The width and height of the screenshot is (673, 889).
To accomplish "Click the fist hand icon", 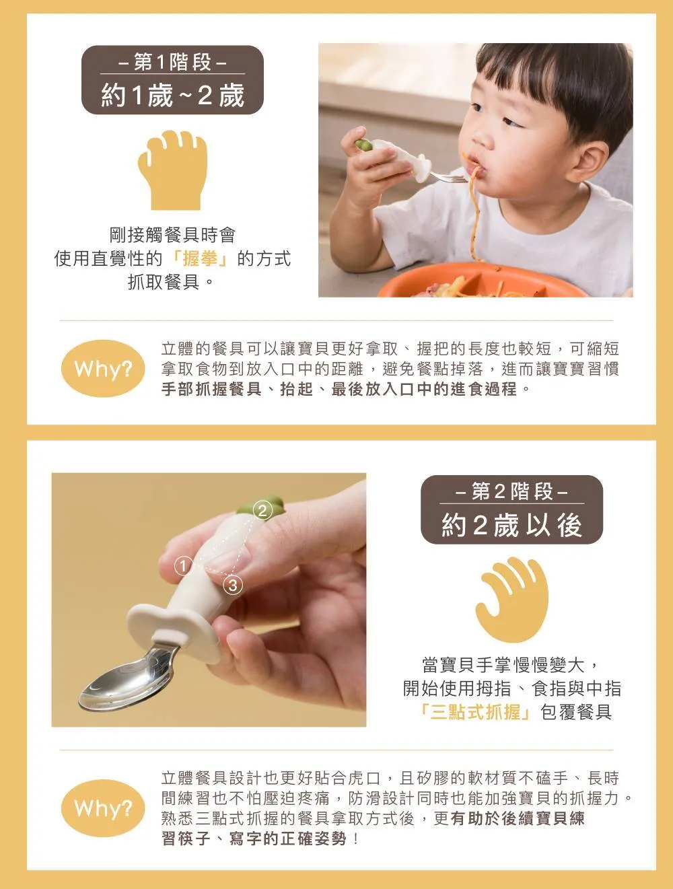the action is point(173,170).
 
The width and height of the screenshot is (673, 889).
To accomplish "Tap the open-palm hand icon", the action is point(512,599).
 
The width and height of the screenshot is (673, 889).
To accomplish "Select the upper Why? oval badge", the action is point(103,369).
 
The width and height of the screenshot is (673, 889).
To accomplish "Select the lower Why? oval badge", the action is point(103,808).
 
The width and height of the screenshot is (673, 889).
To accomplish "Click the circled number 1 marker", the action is point(184,565).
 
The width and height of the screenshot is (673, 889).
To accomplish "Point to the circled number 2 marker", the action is point(262,510).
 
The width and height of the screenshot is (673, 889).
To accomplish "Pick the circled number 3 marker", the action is point(233,585).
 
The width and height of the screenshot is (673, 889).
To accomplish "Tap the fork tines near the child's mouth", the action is point(450,178).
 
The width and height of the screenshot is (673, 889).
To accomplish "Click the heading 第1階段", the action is point(172,62).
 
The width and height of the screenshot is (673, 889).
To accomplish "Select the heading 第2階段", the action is point(512,492).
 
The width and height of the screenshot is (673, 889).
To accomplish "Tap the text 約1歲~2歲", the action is point(173,96).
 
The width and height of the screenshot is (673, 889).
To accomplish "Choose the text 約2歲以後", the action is point(512,525).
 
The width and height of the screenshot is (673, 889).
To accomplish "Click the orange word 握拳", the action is point(200,258).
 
